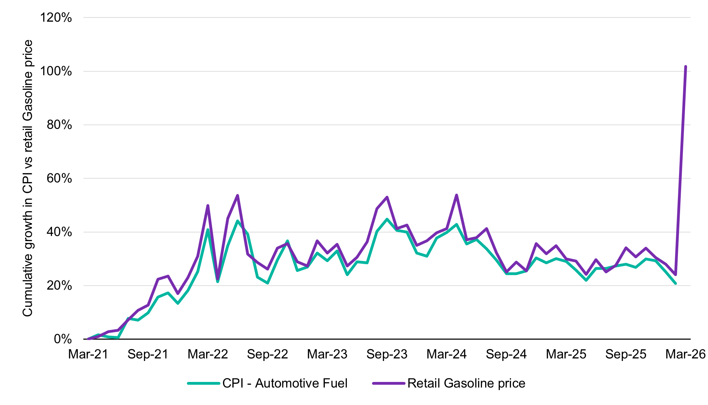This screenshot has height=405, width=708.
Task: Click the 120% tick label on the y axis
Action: (56, 17)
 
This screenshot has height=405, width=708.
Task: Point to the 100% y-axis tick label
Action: (56, 71)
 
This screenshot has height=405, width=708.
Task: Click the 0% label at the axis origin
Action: (63, 339)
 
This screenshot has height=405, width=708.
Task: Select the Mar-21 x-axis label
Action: (88, 354)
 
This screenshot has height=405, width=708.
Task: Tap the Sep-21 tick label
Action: (148, 354)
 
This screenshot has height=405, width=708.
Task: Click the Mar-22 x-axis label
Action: (207, 354)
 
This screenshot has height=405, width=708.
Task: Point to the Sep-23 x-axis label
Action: (387, 354)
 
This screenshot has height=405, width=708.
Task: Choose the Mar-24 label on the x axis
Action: (446, 354)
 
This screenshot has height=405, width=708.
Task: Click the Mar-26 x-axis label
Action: (685, 354)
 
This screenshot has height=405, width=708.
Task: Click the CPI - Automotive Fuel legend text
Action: (285, 383)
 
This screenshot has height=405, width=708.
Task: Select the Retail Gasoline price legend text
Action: (466, 383)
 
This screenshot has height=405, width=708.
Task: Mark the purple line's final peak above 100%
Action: (685, 66)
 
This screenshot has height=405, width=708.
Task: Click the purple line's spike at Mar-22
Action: (208, 205)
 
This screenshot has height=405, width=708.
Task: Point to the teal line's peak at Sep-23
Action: (387, 219)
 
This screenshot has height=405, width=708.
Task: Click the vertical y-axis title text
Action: (28, 178)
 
